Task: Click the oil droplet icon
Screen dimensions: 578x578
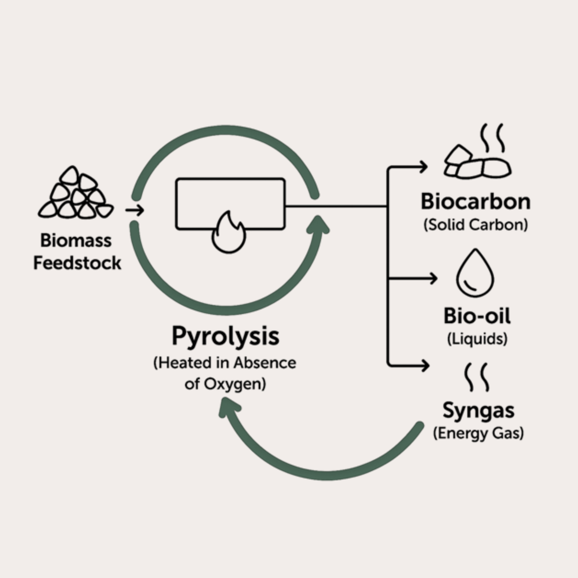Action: point(475,274)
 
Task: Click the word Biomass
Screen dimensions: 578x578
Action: point(76,240)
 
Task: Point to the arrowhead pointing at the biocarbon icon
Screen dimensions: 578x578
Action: point(424,167)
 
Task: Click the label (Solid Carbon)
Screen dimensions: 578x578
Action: point(476,225)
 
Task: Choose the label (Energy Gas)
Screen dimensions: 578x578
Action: point(478,433)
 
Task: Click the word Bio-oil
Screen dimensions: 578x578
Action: point(477,316)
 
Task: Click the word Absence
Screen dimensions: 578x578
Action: point(265,363)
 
